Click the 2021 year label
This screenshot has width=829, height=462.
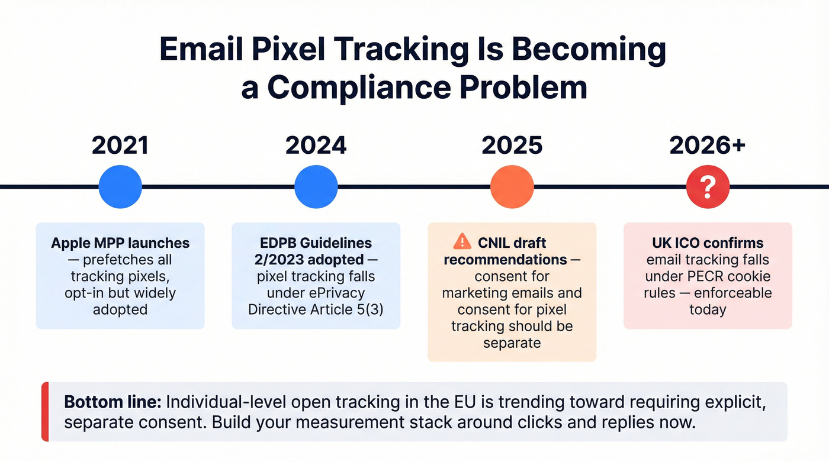click(x=120, y=146)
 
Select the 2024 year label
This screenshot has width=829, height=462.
click(x=316, y=146)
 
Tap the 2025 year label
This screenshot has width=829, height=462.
click(x=512, y=146)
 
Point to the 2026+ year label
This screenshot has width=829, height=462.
click(x=707, y=146)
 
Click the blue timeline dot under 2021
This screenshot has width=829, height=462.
click(x=120, y=187)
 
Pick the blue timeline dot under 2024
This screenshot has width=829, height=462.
click(x=316, y=187)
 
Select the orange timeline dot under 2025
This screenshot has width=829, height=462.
click(x=512, y=187)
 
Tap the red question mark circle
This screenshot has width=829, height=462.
click(x=707, y=187)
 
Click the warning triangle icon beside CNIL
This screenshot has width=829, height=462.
click(x=462, y=241)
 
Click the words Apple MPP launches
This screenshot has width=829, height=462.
click(x=120, y=243)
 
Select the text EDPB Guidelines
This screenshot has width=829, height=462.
click(x=316, y=243)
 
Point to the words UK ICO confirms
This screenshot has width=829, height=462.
click(x=707, y=243)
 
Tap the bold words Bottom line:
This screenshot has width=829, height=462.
click(x=113, y=402)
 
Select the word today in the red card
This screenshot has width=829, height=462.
click(x=707, y=309)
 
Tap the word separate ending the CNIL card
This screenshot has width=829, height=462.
click(x=512, y=343)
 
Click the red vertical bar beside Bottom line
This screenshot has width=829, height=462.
click(x=44, y=412)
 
